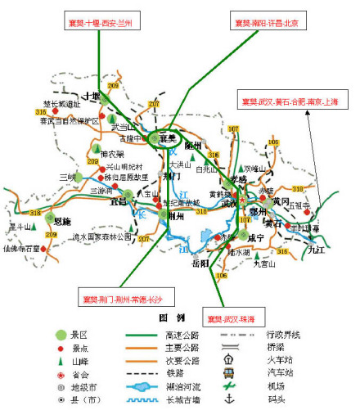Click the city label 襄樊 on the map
168,138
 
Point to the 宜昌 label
119,201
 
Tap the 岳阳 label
200,263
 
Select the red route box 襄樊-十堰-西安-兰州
98,22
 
